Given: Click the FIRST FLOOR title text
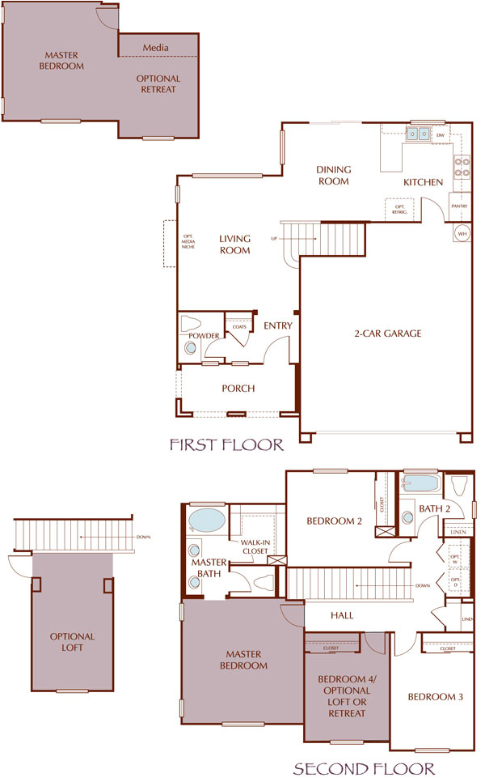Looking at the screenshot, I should [226, 444].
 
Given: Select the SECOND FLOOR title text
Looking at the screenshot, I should [364, 768].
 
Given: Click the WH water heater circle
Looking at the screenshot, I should [462, 233].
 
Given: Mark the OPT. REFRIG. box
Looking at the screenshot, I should [399, 208].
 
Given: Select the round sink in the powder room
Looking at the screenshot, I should [191, 348].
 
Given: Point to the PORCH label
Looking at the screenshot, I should [238, 389].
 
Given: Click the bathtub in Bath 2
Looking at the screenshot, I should [420, 487].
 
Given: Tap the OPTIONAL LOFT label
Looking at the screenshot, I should [72, 642].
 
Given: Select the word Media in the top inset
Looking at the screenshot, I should [156, 48].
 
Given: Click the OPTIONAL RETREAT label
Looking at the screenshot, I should [159, 84].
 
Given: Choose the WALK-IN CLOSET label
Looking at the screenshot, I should [255, 546].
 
